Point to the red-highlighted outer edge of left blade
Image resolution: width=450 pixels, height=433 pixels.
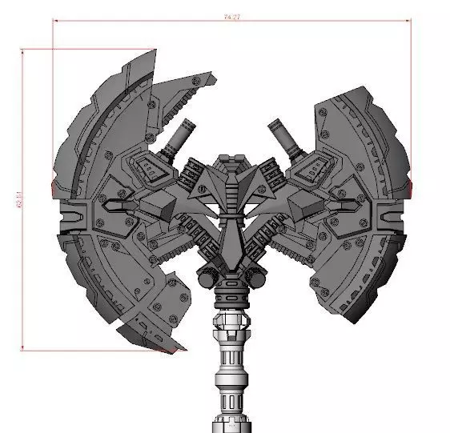(x=53, y=189)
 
